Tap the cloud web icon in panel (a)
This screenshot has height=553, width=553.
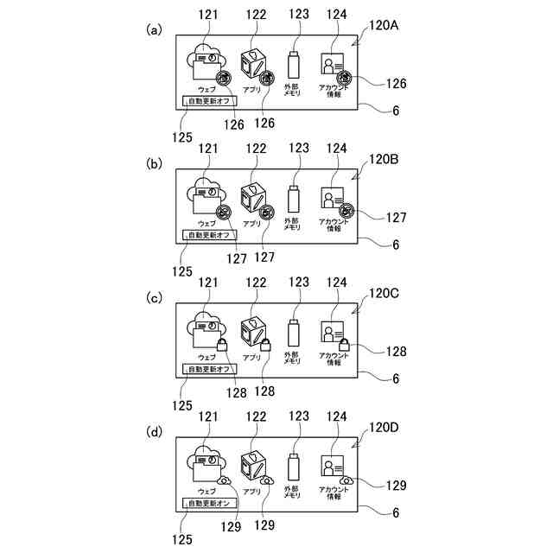click(205, 63)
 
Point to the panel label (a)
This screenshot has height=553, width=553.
click(155, 30)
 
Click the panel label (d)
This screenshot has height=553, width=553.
click(155, 432)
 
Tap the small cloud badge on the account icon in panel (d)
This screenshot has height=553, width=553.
click(346, 480)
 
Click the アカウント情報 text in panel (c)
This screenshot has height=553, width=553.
click(334, 359)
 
